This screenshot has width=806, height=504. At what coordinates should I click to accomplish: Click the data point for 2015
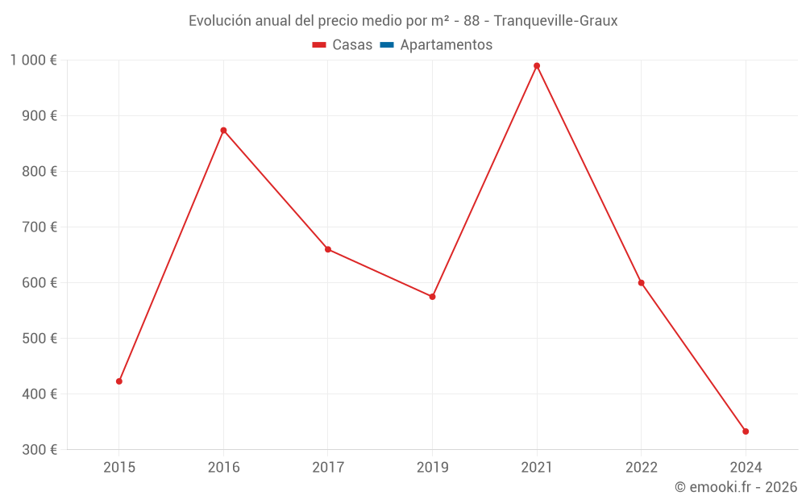(119, 381)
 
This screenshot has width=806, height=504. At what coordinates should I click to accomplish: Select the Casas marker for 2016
(223, 130)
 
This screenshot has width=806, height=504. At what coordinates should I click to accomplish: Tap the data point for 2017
(328, 249)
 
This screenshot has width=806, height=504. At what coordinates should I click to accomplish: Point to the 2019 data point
(433, 297)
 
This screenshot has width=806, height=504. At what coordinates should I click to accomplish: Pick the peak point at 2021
(537, 66)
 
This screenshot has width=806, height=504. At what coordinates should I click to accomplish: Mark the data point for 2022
(642, 283)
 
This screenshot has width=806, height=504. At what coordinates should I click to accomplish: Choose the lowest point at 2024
(746, 431)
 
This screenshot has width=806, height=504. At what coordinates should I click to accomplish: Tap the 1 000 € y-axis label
(33, 60)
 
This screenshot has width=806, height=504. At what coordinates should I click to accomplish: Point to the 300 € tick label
(39, 450)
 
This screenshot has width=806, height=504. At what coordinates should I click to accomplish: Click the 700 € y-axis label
(39, 227)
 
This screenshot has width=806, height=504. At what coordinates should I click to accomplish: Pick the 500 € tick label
(39, 339)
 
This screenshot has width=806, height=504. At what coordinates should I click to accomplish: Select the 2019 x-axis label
(433, 467)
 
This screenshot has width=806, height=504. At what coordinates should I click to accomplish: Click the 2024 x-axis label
(746, 467)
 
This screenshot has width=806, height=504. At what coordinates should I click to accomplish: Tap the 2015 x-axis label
(119, 467)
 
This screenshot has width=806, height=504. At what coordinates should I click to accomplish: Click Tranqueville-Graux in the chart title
(555, 21)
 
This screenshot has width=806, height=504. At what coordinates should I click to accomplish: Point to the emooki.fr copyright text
(736, 487)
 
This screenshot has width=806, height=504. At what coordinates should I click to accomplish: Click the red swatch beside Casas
(318, 45)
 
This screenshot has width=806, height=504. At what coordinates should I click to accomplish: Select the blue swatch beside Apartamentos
(386, 45)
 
